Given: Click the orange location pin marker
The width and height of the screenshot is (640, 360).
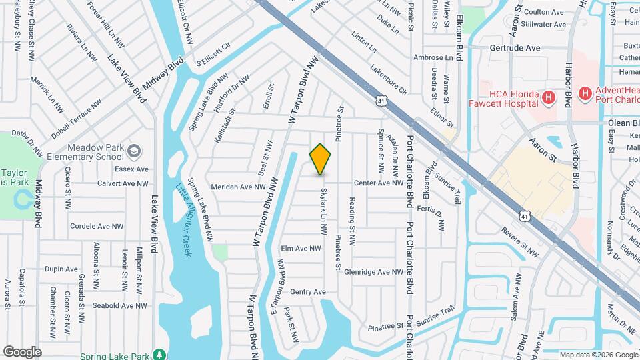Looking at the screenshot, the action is pos(321,159).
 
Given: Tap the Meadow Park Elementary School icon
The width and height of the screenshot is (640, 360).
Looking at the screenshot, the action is pos(133,151).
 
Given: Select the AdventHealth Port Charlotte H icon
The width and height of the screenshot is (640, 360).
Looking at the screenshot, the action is pos(585,94).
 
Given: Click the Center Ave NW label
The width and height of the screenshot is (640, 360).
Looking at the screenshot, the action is pos(379,183).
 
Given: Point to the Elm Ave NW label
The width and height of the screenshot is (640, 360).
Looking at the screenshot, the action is pos(301,248).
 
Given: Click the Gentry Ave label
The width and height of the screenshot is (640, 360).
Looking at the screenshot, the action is pos(307,291).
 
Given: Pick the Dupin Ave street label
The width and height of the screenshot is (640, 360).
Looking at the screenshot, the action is pos(61,269).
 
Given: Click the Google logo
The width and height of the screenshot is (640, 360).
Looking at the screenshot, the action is pos(22,351).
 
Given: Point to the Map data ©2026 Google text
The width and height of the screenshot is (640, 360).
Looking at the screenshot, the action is pos(599,355).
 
